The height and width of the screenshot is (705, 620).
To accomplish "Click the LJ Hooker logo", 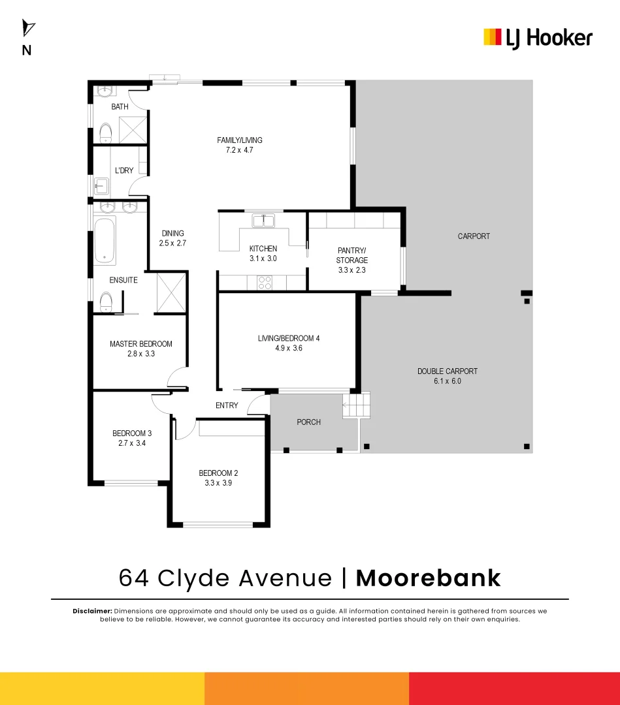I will (x=538, y=37).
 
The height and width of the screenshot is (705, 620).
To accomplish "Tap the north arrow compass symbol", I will (x=28, y=29).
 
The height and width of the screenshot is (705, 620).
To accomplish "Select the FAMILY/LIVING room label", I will (x=240, y=140).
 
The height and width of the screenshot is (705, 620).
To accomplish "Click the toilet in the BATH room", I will (x=106, y=133).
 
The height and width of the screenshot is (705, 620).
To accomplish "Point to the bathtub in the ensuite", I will (x=105, y=240).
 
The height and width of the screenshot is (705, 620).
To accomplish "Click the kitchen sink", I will (x=263, y=220).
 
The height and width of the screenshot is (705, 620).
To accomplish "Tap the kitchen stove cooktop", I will (x=265, y=283).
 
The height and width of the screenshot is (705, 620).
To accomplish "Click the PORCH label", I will (x=309, y=422).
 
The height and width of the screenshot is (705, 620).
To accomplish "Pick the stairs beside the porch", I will (x=357, y=406).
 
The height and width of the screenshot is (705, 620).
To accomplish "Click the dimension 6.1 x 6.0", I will (x=448, y=381).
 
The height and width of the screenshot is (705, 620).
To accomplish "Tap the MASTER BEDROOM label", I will (x=141, y=344).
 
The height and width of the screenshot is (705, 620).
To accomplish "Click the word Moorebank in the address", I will (x=428, y=578).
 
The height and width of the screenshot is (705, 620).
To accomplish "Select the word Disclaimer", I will (x=92, y=610).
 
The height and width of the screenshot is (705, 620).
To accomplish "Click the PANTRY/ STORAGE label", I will (x=353, y=255).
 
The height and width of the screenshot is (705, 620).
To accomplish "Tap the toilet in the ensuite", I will (x=106, y=302).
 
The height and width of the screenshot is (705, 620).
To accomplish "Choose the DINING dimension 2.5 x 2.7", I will (x=173, y=243).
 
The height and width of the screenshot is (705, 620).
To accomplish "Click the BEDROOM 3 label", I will (x=132, y=433).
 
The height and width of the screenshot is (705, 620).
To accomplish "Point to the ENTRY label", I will (x=227, y=405).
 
